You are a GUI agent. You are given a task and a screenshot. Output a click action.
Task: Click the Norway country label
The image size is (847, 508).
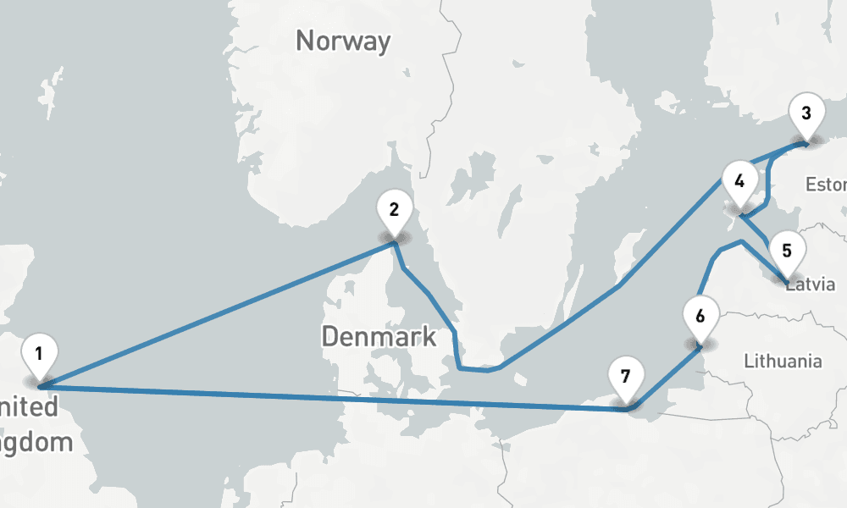[343, 41]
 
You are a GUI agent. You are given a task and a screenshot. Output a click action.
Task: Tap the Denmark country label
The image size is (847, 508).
[379, 337]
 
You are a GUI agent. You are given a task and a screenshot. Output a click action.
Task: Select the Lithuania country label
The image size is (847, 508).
[783, 362]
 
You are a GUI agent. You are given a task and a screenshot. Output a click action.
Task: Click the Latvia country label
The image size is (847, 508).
[811, 284]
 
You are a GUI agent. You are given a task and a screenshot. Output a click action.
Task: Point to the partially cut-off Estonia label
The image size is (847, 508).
[826, 185]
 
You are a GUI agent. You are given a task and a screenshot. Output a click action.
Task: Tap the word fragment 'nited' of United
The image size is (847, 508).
[30, 407]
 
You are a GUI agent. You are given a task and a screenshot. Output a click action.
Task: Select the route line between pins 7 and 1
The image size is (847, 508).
[339, 398]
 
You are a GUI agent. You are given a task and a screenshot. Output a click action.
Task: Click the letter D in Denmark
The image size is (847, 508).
[331, 337]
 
